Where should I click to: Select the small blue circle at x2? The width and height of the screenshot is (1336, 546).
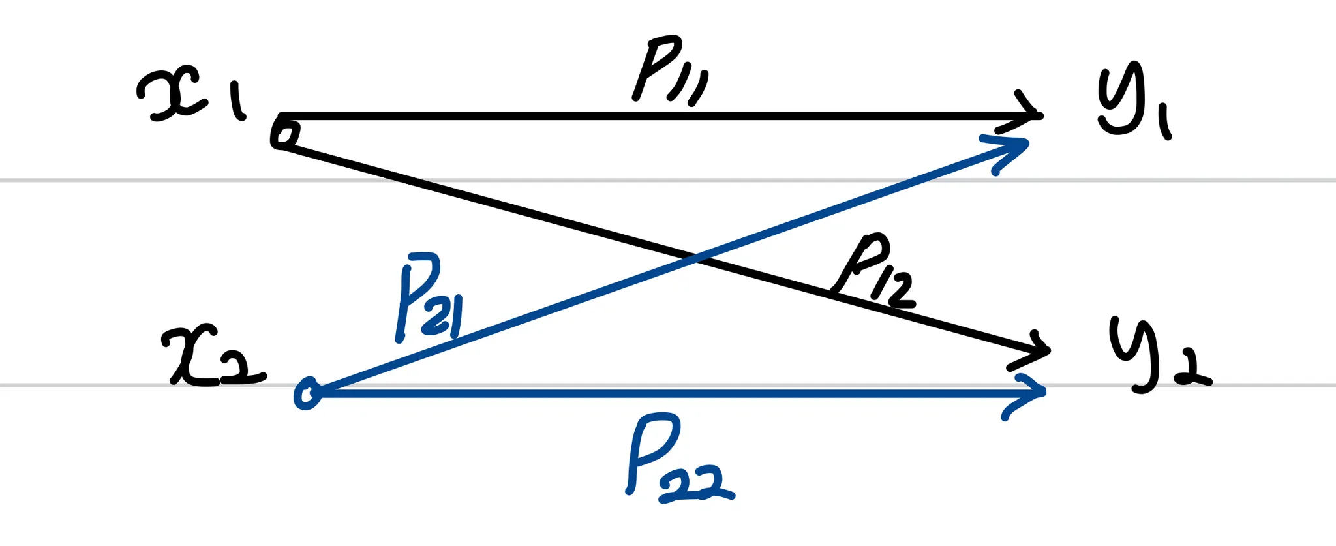(307, 394)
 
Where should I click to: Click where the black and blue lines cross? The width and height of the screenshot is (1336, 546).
(695, 260)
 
